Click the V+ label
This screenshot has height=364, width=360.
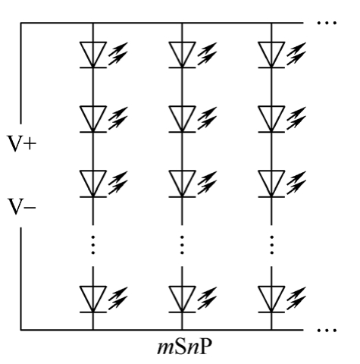(x=22, y=143)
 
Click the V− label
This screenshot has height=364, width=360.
(x=22, y=207)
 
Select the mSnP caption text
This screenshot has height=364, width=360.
(x=184, y=347)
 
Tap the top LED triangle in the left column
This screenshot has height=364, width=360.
(x=93, y=55)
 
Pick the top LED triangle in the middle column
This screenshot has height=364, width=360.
(x=182, y=55)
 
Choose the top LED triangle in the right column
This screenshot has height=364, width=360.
(x=271, y=55)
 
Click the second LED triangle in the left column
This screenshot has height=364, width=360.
(x=93, y=119)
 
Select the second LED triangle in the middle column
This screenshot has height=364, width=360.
(x=182, y=119)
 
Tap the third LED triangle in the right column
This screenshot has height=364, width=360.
(x=271, y=184)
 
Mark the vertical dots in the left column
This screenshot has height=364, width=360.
(x=93, y=245)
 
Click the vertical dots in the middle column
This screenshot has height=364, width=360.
(x=182, y=245)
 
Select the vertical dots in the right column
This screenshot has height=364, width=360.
(x=271, y=245)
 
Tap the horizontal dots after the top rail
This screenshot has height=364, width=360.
(x=327, y=23)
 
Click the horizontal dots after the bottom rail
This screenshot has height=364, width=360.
(x=327, y=330)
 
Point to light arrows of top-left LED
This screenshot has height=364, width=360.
(x=118, y=54)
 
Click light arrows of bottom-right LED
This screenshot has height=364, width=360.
(x=296, y=298)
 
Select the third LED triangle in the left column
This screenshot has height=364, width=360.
(x=93, y=184)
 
